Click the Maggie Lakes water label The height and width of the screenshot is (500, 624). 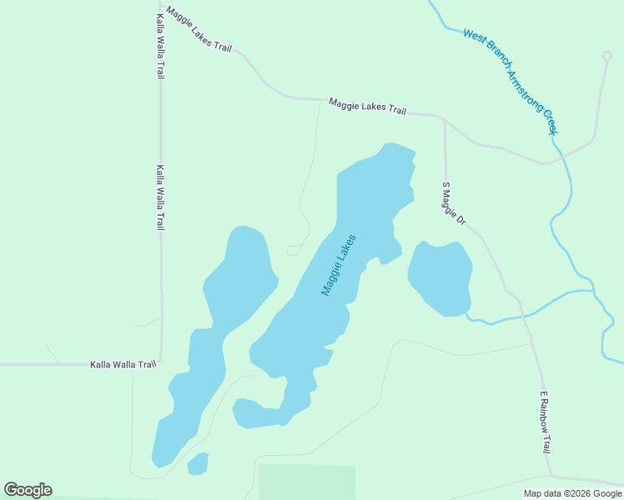click(339, 265)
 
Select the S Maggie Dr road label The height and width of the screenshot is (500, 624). click(453, 203)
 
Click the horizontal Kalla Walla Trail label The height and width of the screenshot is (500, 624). click(123, 364)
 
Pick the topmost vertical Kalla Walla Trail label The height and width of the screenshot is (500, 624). click(159, 46)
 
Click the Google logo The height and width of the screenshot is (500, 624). click(28, 490)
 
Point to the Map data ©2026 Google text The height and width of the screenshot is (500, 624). click(572, 493)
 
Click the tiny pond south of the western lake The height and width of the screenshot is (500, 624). click(198, 463)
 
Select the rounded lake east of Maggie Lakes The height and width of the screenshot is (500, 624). click(440, 278)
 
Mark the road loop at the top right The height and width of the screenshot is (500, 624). click(606, 57)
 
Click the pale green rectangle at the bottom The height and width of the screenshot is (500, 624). click(306, 482)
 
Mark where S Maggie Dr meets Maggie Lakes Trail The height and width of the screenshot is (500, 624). click(444, 117)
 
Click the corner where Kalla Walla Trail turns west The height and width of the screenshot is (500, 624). click(159, 363)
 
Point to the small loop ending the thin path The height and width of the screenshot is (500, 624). click(293, 250)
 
